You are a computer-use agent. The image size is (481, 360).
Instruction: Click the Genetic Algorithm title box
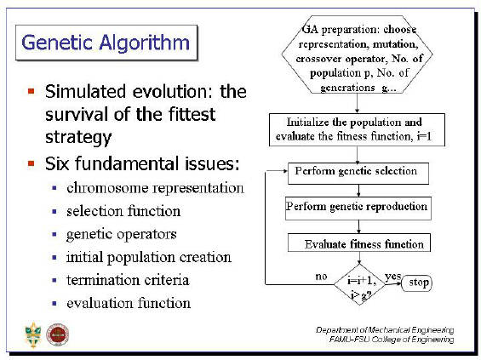tap(106, 43)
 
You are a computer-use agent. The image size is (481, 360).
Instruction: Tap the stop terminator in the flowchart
tap(416, 283)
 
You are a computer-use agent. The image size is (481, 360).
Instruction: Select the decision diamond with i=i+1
tap(359, 284)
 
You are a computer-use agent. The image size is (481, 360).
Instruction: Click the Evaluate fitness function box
tap(359, 243)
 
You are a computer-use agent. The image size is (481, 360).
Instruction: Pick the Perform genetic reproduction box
tap(358, 209)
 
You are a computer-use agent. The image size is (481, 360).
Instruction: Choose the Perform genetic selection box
tap(358, 174)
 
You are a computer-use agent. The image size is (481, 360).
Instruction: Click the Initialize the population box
tap(357, 129)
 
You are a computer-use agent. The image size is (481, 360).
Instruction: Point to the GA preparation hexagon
tap(357, 54)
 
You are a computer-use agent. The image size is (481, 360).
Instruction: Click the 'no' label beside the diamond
tap(321, 277)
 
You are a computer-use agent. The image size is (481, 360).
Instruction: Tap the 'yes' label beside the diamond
tap(393, 277)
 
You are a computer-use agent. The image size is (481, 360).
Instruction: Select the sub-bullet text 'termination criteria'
tap(128, 280)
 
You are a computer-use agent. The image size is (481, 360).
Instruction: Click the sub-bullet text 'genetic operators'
tap(122, 235)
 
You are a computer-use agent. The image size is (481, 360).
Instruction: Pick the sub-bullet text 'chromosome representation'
tap(155, 188)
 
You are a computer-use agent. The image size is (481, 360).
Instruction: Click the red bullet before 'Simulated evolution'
tap(31, 91)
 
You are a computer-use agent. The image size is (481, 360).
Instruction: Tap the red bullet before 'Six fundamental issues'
tap(31, 163)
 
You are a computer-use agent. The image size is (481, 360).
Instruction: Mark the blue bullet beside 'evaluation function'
tap(54, 304)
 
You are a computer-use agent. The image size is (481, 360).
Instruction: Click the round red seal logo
tap(57, 334)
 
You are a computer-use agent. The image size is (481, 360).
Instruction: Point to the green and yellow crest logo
tap(33, 335)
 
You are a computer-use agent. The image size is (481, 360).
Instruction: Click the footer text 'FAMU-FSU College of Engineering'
tap(392, 340)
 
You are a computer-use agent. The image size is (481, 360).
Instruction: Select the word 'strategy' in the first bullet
tap(78, 137)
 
